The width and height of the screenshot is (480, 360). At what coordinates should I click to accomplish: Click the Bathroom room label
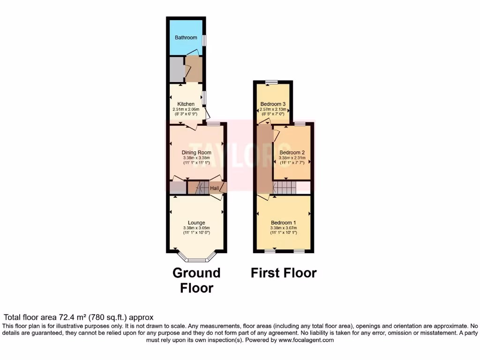click(186, 37)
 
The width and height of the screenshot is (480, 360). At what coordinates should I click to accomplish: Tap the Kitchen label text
click(186, 104)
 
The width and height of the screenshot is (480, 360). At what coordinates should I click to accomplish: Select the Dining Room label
click(196, 152)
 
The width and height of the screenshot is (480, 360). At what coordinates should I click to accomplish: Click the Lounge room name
click(196, 223)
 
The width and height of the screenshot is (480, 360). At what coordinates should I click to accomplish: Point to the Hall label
click(214, 188)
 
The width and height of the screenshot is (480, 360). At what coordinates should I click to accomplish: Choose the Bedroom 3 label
click(273, 104)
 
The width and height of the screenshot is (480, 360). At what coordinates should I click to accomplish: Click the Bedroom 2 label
click(292, 153)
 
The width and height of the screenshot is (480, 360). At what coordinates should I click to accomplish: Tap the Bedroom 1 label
click(284, 223)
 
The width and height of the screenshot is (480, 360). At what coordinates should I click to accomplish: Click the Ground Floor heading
click(196, 280)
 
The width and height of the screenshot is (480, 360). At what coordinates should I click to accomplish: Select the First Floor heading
click(284, 273)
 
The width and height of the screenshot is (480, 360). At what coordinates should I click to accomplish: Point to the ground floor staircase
click(202, 188)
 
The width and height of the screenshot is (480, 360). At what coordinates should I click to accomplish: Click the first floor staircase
click(284, 188)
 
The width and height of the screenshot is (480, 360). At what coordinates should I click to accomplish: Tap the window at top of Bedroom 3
click(270, 82)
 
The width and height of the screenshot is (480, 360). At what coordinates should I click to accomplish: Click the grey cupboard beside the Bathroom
click(176, 70)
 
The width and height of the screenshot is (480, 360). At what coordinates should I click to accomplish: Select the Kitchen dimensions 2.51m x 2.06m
click(186, 109)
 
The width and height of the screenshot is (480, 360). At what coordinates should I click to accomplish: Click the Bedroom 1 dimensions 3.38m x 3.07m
click(284, 228)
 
